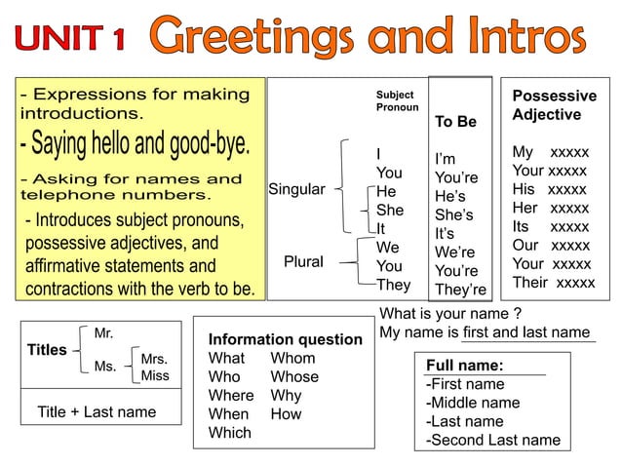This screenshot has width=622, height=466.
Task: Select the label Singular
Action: (296, 189)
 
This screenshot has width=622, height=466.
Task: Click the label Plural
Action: (303, 262)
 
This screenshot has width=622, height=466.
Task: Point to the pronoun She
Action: (389, 210)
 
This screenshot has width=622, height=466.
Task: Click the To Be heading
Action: (455, 122)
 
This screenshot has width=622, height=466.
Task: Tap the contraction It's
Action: (449, 234)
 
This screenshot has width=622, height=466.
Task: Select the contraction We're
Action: (455, 252)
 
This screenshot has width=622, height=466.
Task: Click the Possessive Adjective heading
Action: (553, 105)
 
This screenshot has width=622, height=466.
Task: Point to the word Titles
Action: (47, 350)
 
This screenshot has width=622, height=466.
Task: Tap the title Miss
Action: (155, 376)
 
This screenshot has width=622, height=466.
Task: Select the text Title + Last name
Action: (97, 411)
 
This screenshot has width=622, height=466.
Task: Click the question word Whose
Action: (294, 377)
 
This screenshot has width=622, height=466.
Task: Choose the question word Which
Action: (229, 433)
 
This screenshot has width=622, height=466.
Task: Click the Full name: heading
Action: (464, 366)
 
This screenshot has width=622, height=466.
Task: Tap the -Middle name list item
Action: (473, 403)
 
